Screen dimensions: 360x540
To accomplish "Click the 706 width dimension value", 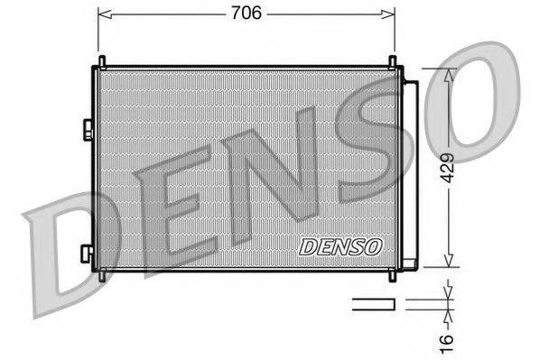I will point(245,13).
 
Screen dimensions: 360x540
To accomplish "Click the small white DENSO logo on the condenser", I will point(340,245).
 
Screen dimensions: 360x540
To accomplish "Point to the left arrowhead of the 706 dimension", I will point(102,14).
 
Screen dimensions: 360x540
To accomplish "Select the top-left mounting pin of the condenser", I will point(102,62).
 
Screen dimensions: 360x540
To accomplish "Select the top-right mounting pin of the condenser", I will point(392,62).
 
